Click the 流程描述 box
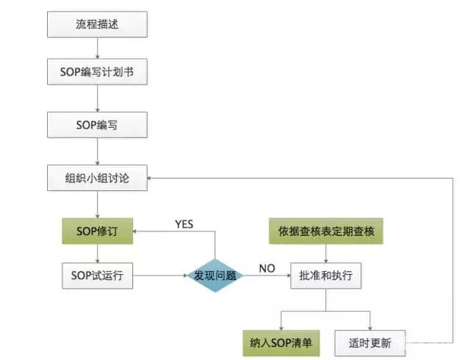(x=97, y=24)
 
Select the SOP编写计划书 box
(x=97, y=74)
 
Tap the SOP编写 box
(x=97, y=124)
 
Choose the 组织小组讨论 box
(x=97, y=179)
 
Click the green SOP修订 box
(x=97, y=231)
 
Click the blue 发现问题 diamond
(x=215, y=276)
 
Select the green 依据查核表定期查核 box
(x=326, y=231)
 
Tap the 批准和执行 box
(x=326, y=276)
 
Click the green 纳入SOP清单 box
(x=281, y=342)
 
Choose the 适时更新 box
(x=371, y=342)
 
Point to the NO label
(x=267, y=269)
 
